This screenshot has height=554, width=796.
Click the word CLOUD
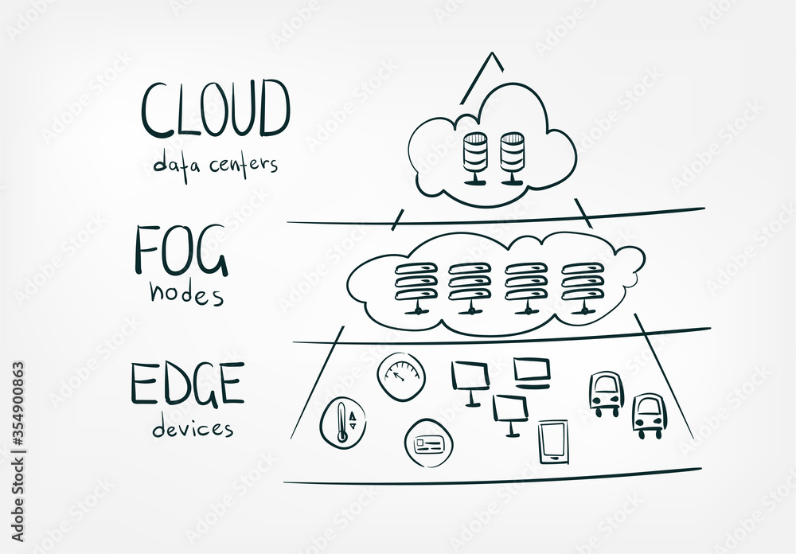click(x=216, y=109)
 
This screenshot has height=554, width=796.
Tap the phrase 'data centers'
click(x=216, y=165)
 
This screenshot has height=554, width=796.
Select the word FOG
click(x=181, y=249)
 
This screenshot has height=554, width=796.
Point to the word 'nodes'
click(x=186, y=294)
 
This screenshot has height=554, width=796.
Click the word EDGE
click(x=187, y=385)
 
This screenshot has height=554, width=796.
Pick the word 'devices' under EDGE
click(x=193, y=428)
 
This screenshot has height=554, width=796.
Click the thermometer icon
click(x=343, y=419)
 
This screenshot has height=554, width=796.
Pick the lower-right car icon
click(x=648, y=415)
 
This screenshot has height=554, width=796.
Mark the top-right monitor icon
click(x=532, y=372)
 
